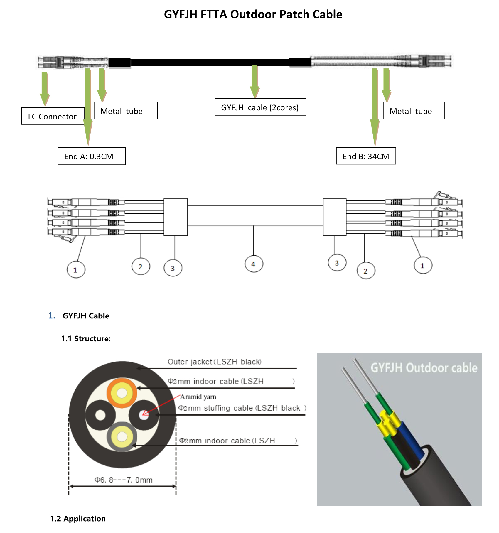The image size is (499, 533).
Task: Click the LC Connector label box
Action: point(53,116)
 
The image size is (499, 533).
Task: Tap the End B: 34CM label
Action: point(366,156)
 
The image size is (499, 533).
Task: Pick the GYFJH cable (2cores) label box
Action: point(260,107)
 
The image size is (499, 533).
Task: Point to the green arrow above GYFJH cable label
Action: point(254,81)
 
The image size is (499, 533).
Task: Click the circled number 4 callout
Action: point(254,264)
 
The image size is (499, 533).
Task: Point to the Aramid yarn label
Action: point(198,397)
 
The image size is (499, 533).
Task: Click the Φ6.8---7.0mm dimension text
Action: point(123,480)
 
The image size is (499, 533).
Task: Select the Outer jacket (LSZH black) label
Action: point(214,362)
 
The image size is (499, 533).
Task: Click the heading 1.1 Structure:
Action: point(86,339)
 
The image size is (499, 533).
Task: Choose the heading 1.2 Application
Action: point(78,519)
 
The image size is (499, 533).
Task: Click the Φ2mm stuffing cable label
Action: point(242,408)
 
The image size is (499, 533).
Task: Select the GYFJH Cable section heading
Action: point(86,316)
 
